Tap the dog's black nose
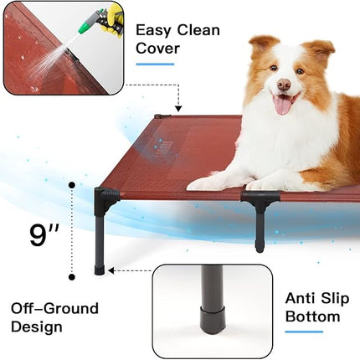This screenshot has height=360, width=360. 283,85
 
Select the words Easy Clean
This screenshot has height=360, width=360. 177,30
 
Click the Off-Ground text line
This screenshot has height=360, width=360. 54,308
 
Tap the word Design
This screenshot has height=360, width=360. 37,327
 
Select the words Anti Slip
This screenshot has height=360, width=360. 317,298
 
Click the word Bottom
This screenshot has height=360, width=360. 313,316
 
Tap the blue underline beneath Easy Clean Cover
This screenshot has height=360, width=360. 155,64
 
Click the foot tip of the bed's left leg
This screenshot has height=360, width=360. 100,270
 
